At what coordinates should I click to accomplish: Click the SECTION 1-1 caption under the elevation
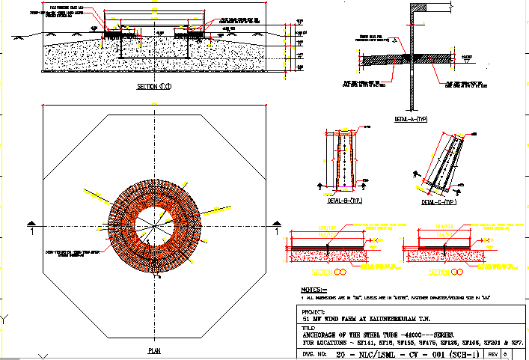[x=153, y=88]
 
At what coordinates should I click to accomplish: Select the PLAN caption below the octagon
[x=154, y=350]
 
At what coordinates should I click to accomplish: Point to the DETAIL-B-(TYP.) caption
[x=344, y=201]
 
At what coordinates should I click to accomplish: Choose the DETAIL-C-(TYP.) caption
[x=440, y=201]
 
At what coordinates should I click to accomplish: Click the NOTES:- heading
[x=314, y=289]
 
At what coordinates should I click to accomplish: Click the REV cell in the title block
[x=494, y=352]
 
